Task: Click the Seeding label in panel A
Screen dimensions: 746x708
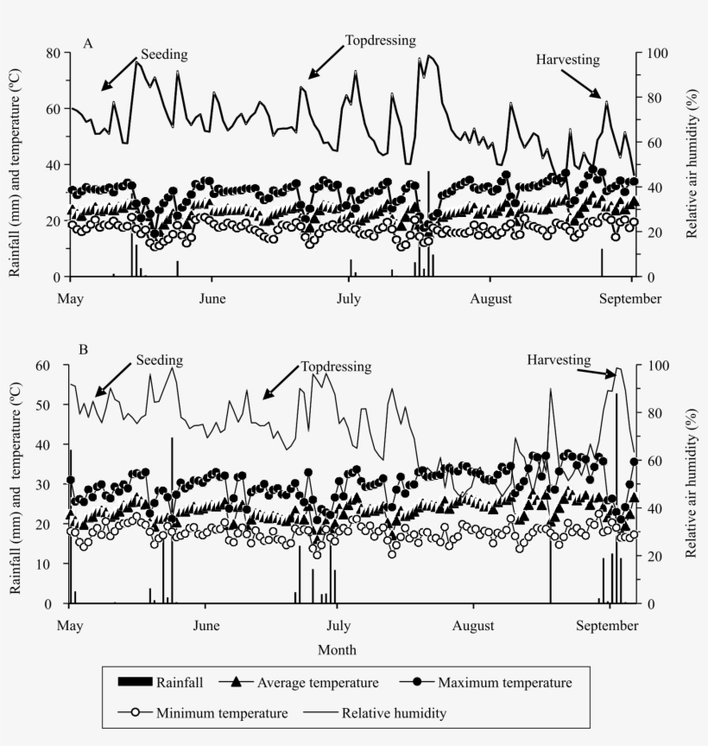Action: [164, 54]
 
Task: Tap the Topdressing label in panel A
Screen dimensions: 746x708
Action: [381, 40]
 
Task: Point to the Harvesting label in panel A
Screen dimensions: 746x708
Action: [567, 60]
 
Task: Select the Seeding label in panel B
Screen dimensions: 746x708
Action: [159, 360]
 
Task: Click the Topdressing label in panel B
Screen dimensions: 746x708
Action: [336, 367]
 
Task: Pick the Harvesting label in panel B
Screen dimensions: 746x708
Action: [559, 360]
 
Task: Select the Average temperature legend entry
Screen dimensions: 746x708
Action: [318, 683]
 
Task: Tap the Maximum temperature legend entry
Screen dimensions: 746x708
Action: [504, 683]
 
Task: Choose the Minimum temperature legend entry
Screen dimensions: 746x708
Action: [222, 714]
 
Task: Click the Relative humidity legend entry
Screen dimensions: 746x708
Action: [395, 714]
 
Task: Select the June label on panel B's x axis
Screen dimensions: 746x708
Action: [205, 625]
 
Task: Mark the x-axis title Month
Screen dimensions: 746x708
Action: [337, 649]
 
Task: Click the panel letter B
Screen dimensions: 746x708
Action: [84, 350]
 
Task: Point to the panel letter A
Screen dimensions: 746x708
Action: [87, 42]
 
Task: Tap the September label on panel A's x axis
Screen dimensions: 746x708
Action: [632, 299]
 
